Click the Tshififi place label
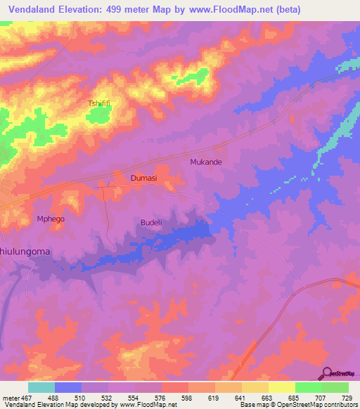tap(98, 103)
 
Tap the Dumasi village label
tap(143, 178)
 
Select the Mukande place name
tap(206, 162)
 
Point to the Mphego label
tap(51, 219)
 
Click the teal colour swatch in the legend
tap(41, 387)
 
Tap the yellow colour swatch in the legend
tap(281, 387)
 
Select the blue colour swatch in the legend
tap(68, 387)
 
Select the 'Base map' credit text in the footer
tap(254, 405)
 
